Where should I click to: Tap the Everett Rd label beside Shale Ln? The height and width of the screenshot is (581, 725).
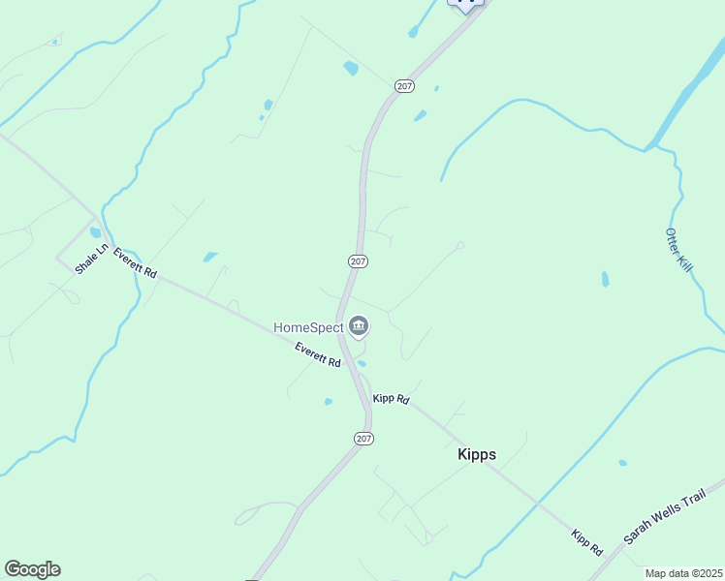135,263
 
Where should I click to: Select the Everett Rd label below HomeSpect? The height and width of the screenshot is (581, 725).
319,355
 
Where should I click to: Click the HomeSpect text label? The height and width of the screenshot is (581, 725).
308,327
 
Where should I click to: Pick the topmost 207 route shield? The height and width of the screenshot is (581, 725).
405,86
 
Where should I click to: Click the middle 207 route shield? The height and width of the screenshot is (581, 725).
358,261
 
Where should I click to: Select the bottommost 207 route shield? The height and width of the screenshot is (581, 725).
362,439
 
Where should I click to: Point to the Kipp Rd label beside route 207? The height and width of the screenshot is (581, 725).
391,399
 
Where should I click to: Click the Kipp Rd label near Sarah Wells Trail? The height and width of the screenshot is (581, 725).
587,541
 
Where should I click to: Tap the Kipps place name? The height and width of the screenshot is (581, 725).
477,453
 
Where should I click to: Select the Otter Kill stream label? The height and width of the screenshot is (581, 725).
678,250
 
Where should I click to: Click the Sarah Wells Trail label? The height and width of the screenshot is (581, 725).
661,517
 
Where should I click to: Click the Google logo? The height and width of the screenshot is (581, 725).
32,569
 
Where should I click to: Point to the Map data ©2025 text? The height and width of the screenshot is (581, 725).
683,573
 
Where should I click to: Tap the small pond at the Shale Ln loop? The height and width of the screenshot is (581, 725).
95,232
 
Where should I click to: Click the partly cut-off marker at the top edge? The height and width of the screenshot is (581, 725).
465,5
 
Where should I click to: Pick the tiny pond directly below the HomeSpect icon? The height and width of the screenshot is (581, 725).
362,363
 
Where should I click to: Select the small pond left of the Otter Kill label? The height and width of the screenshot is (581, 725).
606,279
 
